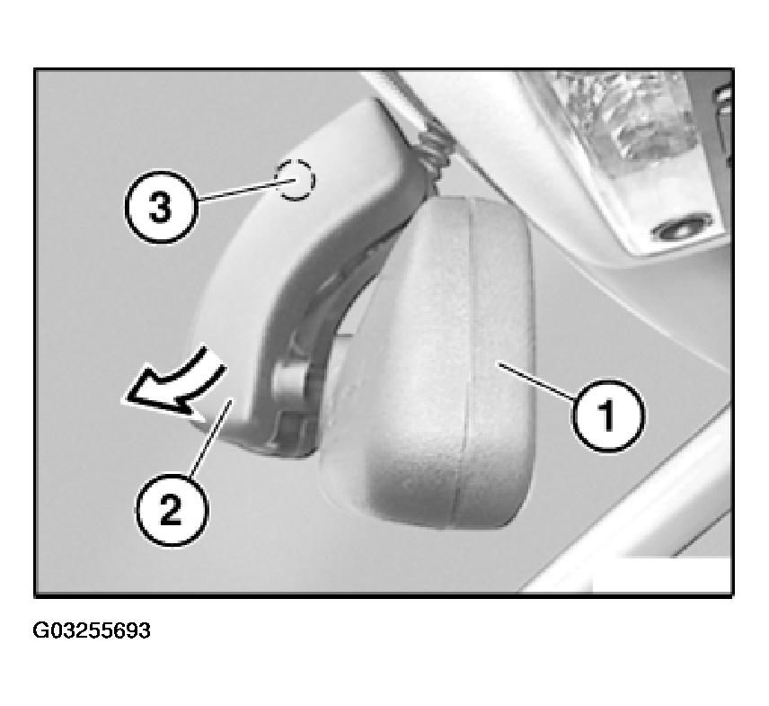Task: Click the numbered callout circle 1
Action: (607, 416)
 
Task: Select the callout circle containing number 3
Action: (161, 206)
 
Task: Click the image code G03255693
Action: (92, 630)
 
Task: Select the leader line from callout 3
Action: (246, 190)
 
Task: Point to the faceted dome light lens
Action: (625, 118)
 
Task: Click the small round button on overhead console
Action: (681, 228)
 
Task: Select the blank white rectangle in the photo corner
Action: (661, 574)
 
